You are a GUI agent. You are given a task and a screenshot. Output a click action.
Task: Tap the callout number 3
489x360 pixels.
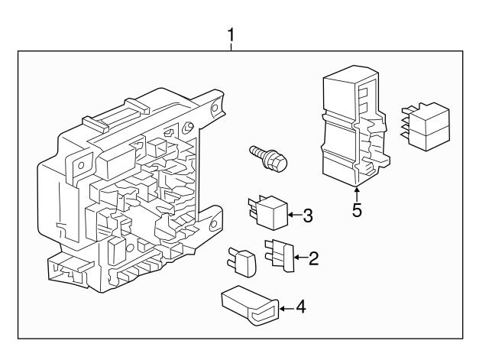point(308,216)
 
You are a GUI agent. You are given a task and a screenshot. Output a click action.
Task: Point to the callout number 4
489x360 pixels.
point(301,309)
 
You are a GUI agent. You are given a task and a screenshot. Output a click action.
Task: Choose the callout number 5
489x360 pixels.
point(357,209)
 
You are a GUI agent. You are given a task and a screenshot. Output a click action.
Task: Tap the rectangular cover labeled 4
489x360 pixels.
point(251,303)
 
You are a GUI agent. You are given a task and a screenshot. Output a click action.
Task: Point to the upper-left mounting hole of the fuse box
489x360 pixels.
point(78,164)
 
